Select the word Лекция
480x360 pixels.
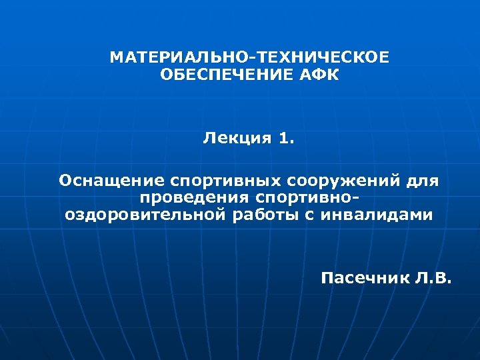[237, 139]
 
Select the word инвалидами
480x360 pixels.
[376, 215]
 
